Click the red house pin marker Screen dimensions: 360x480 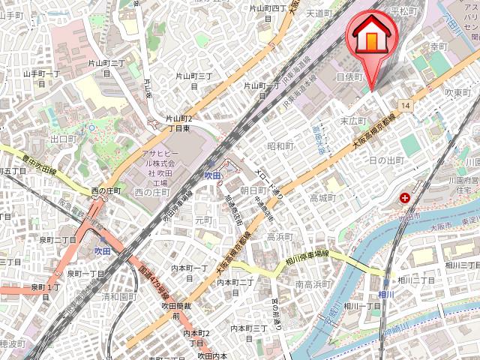pyautogui.click(x=368, y=35)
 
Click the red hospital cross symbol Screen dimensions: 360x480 pyautogui.click(x=406, y=198)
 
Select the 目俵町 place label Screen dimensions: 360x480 pyautogui.click(x=349, y=76)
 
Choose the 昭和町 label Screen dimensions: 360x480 pyautogui.click(x=280, y=145)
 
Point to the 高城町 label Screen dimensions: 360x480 pyautogui.click(x=322, y=198)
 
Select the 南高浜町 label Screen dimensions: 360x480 pyautogui.click(x=313, y=284)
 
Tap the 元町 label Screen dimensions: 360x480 pyautogui.click(x=204, y=220)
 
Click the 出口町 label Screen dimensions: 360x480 pyautogui.click(x=64, y=139)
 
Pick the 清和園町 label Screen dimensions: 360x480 pyautogui.click(x=118, y=296)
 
